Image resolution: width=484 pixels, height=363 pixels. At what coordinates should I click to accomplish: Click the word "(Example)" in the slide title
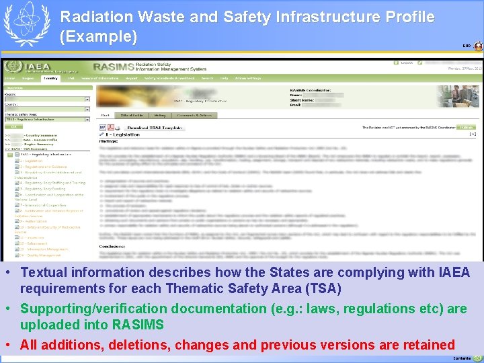click(x=98, y=37)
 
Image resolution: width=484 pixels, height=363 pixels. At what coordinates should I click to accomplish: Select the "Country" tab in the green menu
click(x=50, y=79)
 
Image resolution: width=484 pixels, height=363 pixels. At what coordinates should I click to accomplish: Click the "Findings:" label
click(x=108, y=141)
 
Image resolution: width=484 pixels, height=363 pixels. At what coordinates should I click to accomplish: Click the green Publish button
click(x=467, y=126)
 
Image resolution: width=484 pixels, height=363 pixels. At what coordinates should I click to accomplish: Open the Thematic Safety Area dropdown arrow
click(x=87, y=119)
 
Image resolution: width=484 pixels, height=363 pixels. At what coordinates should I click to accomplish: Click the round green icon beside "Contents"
click(x=477, y=359)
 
